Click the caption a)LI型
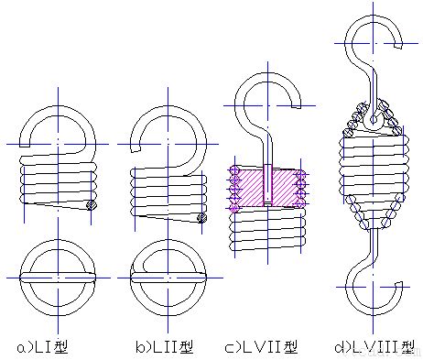pyautogui.click(x=42, y=347)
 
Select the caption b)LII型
pyautogui.click(x=165, y=347)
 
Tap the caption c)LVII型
pyautogui.click(x=261, y=347)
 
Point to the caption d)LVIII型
pyautogui.click(x=374, y=347)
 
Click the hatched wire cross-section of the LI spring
pyautogui.click(x=92, y=205)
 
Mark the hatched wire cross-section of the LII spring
pyautogui.click(x=201, y=217)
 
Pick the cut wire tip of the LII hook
pyautogui.click(x=136, y=149)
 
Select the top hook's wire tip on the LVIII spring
pyautogui.click(x=398, y=46)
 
